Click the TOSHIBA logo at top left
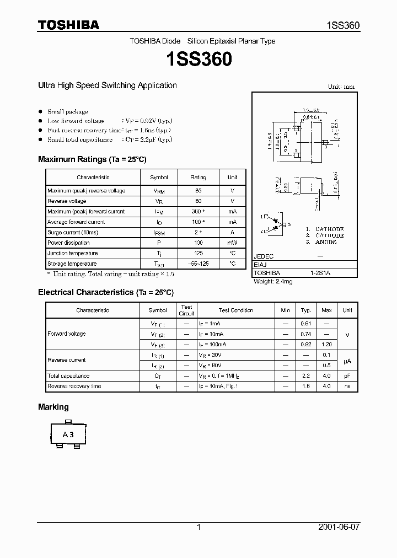tap(68, 25)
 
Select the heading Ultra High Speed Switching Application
tap(107, 85)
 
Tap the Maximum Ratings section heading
tap(92, 159)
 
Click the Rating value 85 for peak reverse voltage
tap(198, 191)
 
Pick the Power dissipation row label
tap(68, 243)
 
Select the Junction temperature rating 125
tap(198, 253)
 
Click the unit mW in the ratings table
tap(232, 243)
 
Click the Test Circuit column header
tap(186, 310)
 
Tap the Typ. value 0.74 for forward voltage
tap(306, 334)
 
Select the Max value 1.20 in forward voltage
tap(326, 344)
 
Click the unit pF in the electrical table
tap(347, 375)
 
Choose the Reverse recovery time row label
tap(74, 386)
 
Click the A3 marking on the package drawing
tap(68, 434)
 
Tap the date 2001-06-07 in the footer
tap(338, 527)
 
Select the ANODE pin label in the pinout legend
tap(330, 242)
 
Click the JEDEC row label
tap(264, 256)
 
